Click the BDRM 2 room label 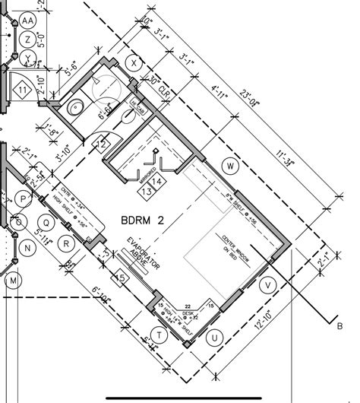143,221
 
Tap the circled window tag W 232,166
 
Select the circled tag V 267,285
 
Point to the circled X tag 135,63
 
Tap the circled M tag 13,282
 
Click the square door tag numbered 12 102,142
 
